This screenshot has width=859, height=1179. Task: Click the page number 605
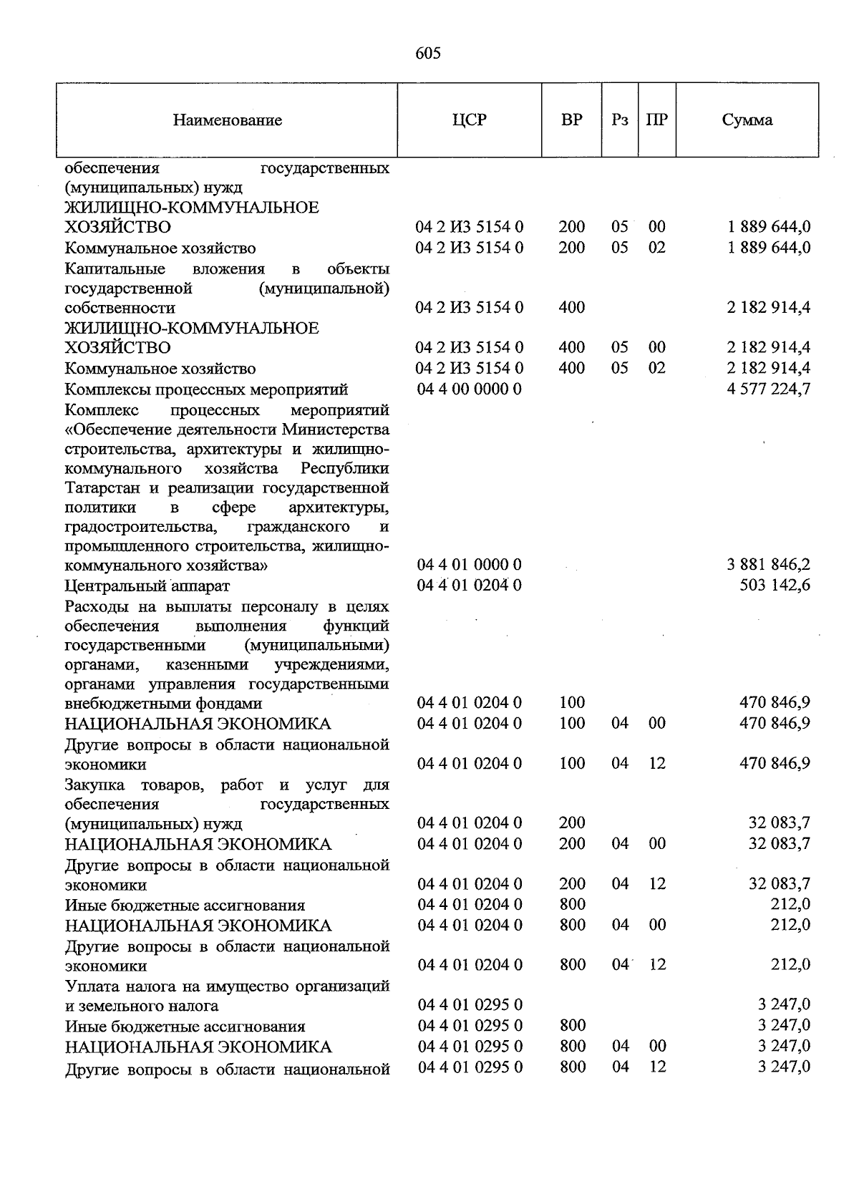[428, 54]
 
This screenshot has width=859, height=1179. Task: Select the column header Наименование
[227, 120]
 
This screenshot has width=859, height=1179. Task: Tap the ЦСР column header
[469, 120]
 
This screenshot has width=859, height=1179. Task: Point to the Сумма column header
[747, 120]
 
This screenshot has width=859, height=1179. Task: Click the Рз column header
[620, 120]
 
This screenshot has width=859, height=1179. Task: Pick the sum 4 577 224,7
[768, 390]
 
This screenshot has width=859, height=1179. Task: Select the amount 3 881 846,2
[768, 566]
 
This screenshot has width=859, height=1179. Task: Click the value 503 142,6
[775, 586]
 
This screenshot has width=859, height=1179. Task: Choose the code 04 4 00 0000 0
[469, 389]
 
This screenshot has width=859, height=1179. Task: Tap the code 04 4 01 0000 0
[469, 566]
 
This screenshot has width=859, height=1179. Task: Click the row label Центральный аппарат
[147, 586]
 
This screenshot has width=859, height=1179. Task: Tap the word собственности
[120, 309]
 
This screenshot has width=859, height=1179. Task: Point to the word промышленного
[124, 547]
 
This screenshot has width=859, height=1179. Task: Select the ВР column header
[571, 120]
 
